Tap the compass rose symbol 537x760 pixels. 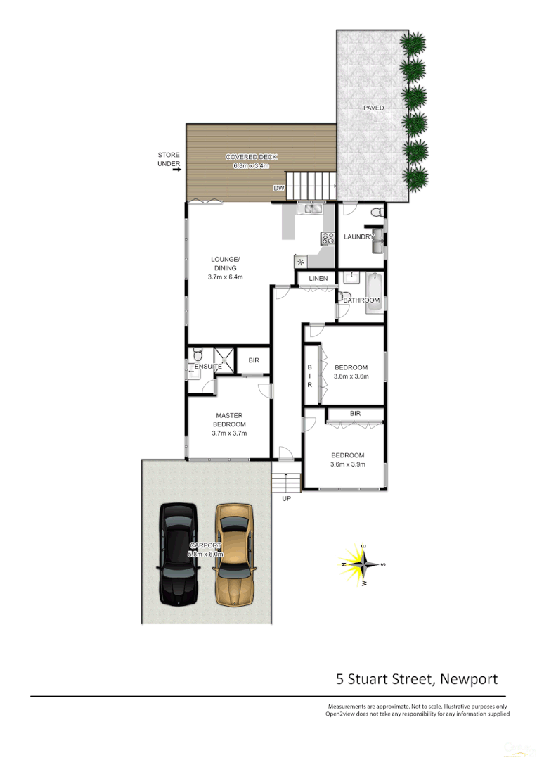tap(363, 564)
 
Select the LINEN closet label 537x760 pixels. tap(318, 279)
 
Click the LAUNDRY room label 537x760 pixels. tap(358, 237)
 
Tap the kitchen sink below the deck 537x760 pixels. tap(309, 208)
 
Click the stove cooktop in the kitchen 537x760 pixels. tap(327, 238)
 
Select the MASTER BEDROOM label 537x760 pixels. tap(229, 420)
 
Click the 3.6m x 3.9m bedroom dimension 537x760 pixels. tap(348, 464)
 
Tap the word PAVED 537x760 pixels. tap(373, 108)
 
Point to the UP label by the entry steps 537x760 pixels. tap(285, 499)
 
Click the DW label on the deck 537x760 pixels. tap(279, 189)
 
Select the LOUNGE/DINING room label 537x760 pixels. tap(225, 263)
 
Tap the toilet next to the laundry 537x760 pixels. tap(376, 212)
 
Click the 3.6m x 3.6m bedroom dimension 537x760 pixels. tap(351, 376)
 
